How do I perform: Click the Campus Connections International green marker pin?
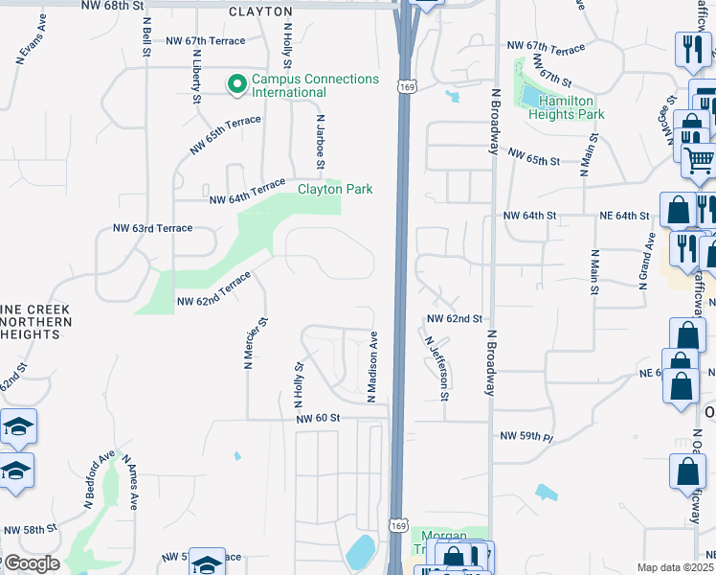(x=237, y=85)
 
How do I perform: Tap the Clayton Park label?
(x=334, y=189)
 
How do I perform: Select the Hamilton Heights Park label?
(x=571, y=107)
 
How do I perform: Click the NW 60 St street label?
(x=318, y=418)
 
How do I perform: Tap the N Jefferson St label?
(x=437, y=368)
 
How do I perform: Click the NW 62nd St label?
(x=454, y=318)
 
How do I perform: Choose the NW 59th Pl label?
(x=526, y=436)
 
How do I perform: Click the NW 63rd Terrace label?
(x=152, y=228)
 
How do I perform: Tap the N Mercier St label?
(x=249, y=345)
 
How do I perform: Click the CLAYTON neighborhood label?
(x=260, y=11)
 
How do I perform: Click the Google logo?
(x=31, y=563)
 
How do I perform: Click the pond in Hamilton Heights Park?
(x=528, y=95)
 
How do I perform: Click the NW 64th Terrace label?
(x=247, y=191)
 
